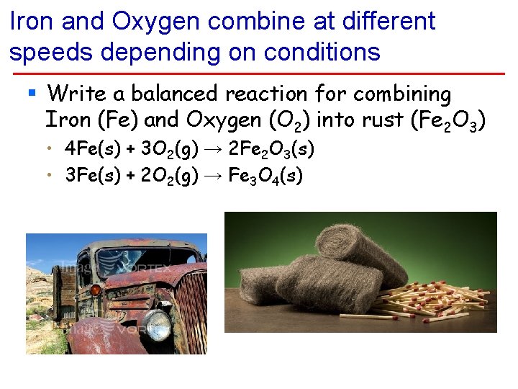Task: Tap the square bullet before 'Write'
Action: (31, 93)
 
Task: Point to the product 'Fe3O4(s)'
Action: (265, 176)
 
